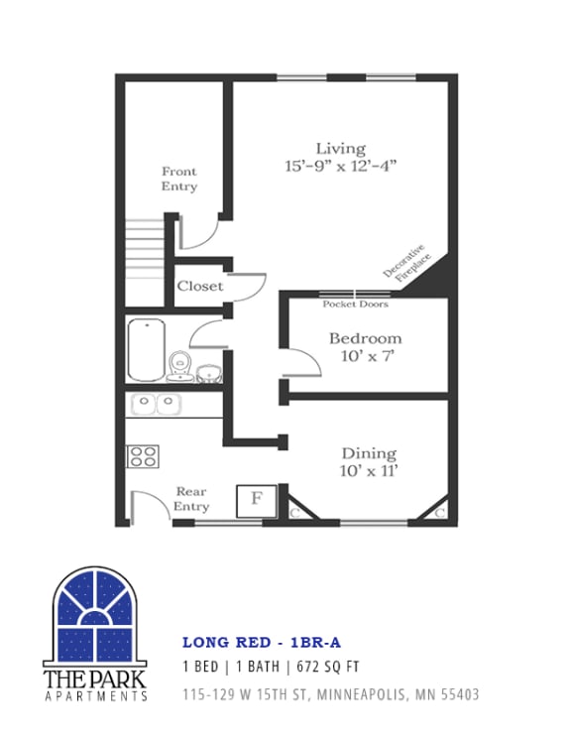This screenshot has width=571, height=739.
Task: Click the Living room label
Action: click(x=340, y=149)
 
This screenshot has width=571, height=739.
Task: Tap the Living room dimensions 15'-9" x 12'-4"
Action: click(x=340, y=168)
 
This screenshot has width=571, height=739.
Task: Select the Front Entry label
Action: click(x=179, y=179)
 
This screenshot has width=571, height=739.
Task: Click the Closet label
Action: click(x=200, y=286)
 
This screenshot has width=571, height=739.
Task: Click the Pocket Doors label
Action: click(x=355, y=305)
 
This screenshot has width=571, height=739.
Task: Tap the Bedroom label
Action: click(x=366, y=338)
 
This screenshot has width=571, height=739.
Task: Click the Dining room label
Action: click(x=369, y=453)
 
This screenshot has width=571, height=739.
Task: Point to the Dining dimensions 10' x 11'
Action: click(x=369, y=471)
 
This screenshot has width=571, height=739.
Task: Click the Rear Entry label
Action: click(x=191, y=499)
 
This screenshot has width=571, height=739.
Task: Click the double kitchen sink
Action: click(x=157, y=405)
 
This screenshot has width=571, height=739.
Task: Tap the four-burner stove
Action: click(x=143, y=456)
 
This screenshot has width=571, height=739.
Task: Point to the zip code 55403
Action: click(x=457, y=694)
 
